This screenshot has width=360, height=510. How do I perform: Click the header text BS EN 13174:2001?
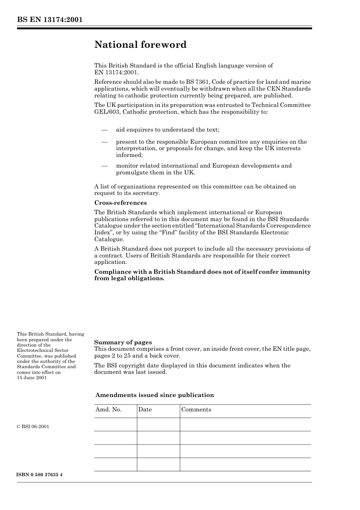pyautogui.click(x=50, y=20)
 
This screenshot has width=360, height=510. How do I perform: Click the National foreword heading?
pyautogui.click(x=140, y=45)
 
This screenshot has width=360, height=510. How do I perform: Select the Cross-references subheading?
pyautogui.click(x=120, y=203)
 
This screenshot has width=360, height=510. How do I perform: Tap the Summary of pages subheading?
pyautogui.click(x=123, y=342)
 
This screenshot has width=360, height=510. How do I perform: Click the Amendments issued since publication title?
pyautogui.click(x=155, y=395)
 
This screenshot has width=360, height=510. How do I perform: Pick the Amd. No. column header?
pyautogui.click(x=108, y=410)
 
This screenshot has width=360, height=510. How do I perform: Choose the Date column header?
pyautogui.click(x=145, y=410)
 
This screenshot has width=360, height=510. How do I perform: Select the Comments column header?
pyautogui.click(x=196, y=410)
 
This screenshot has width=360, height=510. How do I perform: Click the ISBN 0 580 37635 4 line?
pyautogui.click(x=39, y=475)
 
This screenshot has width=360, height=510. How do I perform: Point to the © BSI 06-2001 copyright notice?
pyautogui.click(x=33, y=427)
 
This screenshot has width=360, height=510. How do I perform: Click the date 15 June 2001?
pyautogui.click(x=32, y=378)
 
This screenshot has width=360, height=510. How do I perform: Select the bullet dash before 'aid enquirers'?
pyautogui.click(x=105, y=130)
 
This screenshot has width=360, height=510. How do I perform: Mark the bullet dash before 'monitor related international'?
pyautogui.click(x=105, y=166)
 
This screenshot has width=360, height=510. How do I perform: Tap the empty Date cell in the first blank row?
pyautogui.click(x=158, y=424)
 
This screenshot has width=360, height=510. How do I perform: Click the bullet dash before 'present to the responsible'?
pyautogui.click(x=105, y=142)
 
